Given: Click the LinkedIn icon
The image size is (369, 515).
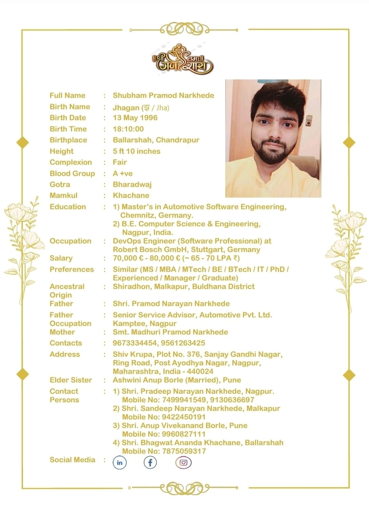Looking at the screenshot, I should [x=119, y=463].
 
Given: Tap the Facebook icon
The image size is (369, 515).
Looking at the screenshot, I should [x=150, y=463].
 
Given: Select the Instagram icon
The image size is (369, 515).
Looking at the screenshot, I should [x=183, y=463].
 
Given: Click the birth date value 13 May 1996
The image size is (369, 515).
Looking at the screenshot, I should [x=135, y=118].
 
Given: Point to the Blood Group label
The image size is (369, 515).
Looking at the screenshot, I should [x=72, y=174].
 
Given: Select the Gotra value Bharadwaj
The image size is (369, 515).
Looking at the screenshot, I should [x=132, y=185].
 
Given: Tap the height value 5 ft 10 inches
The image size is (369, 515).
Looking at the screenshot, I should [x=137, y=151].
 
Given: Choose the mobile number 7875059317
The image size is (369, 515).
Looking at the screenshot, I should [x=184, y=451].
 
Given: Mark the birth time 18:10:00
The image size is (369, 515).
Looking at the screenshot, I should [x=128, y=129].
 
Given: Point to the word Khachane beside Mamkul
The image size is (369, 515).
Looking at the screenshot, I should [x=131, y=196].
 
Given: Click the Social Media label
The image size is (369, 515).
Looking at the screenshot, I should [x=72, y=460].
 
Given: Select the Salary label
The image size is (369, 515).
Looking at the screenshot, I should [x=61, y=258].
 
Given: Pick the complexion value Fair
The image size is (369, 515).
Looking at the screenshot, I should [x=120, y=162].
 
